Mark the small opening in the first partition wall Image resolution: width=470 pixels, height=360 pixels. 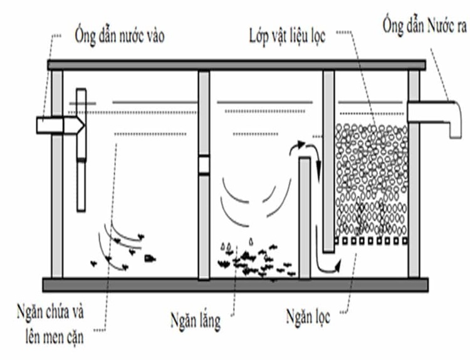click(x=204, y=165)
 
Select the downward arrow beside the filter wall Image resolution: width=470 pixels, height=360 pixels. click(x=318, y=164)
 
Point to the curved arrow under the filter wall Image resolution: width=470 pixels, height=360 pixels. click(x=326, y=265)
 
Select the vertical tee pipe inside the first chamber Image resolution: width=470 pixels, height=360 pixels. click(x=80, y=150)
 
